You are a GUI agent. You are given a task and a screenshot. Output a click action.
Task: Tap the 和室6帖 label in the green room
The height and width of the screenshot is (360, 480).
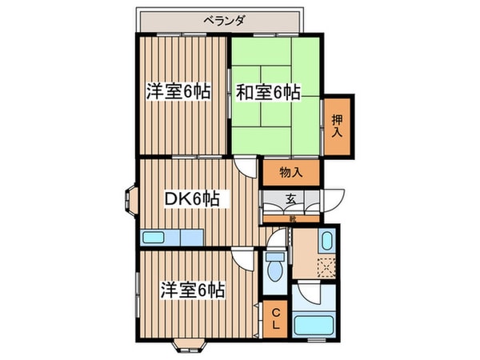[x=267, y=92]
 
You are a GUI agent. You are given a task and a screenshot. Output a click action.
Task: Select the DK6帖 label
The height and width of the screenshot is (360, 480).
[x=192, y=198]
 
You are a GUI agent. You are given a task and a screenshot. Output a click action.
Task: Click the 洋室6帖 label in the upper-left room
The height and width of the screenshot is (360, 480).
[x=178, y=91]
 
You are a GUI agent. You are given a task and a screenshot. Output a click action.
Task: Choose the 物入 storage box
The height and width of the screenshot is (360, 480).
[x=291, y=172]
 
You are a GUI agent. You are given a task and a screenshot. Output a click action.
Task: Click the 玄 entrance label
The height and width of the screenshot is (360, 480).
[x=292, y=200]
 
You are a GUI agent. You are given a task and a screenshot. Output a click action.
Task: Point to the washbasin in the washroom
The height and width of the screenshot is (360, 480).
[x=327, y=240]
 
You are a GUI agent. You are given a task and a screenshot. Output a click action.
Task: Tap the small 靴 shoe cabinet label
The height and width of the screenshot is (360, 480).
[x=292, y=218]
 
